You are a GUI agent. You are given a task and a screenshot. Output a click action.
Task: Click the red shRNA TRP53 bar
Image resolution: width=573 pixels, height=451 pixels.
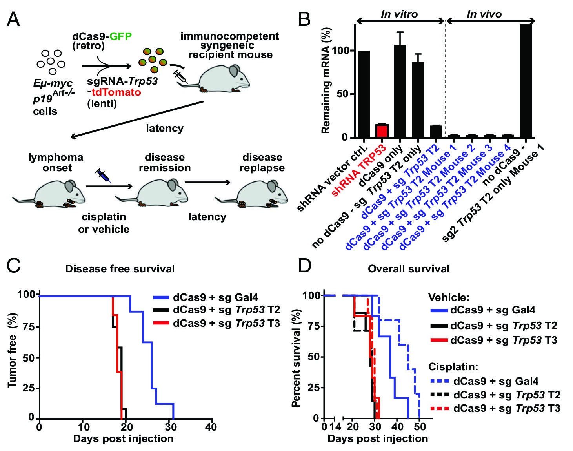click(x=382, y=131)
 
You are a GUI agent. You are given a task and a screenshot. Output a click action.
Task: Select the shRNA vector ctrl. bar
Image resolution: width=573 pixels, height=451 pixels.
click(x=364, y=94)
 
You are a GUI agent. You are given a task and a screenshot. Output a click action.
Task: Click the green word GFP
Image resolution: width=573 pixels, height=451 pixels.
click(x=121, y=36)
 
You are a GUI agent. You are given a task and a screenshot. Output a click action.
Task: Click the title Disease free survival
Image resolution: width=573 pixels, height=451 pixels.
click(x=120, y=269)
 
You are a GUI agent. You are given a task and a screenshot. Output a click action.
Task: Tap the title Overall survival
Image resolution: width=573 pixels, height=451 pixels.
click(x=409, y=269)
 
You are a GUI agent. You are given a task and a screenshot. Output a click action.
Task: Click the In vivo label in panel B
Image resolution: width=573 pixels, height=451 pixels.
click(x=484, y=14)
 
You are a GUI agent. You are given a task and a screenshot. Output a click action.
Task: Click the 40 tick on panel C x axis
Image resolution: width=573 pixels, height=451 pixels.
click(x=211, y=426)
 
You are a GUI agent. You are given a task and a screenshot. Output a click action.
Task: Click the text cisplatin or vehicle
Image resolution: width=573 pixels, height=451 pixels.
click(x=104, y=223)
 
